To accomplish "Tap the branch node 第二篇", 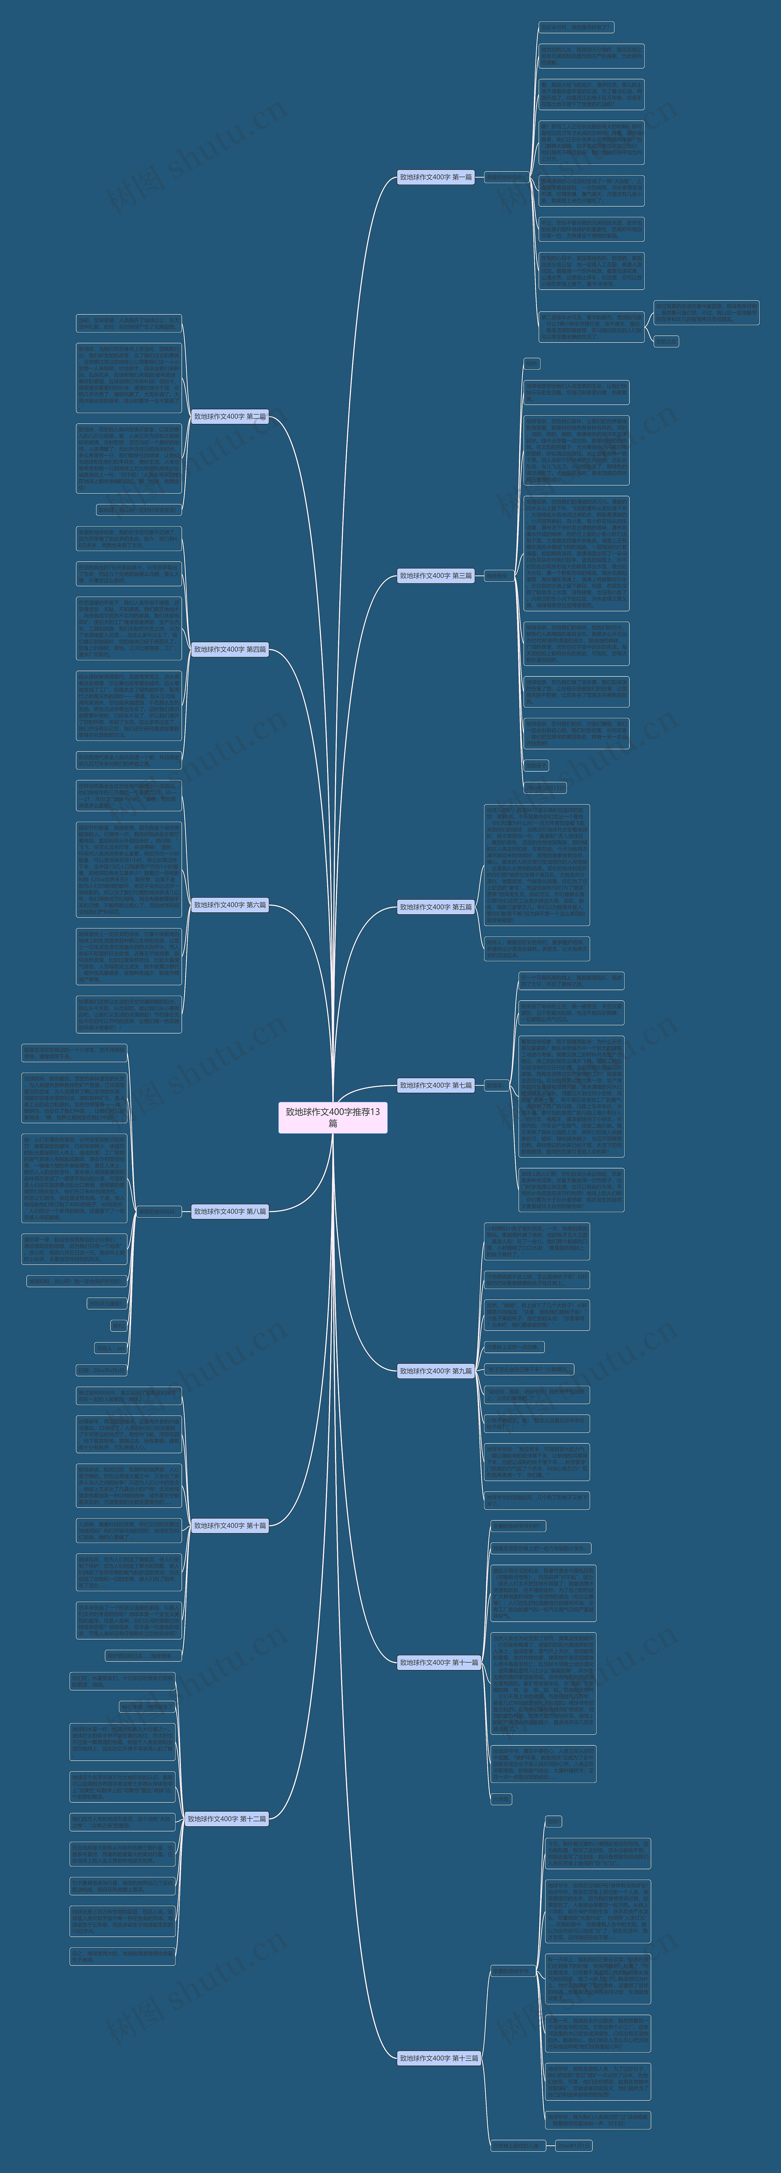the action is click(229, 417).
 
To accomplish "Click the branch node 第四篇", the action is click(229, 650).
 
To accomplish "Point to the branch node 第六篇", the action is click(229, 905).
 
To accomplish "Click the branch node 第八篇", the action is click(229, 1211).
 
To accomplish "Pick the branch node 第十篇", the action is click(229, 1525).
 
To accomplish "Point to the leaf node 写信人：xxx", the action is click(110, 1348).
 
